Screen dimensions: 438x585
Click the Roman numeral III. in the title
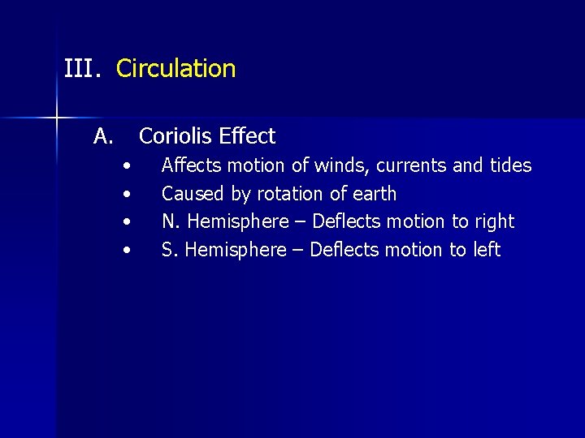[82, 68]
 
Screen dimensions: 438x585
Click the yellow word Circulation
[175, 68]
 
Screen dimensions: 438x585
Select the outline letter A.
[102, 135]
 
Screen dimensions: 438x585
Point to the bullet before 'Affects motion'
[126, 166]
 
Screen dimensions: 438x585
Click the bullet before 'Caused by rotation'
[126, 195]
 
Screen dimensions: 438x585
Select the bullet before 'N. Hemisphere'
[126, 222]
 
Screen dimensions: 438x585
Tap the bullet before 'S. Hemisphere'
[126, 251]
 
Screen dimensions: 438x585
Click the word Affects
[193, 166]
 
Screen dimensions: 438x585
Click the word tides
[510, 166]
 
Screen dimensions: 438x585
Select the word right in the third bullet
[495, 221]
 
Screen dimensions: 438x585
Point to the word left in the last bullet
[487, 250]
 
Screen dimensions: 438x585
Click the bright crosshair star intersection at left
[56, 118]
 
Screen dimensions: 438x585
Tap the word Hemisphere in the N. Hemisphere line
[237, 221]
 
